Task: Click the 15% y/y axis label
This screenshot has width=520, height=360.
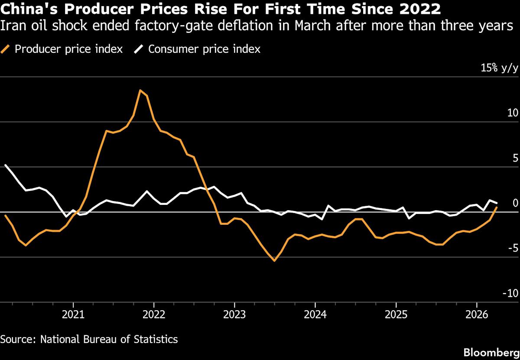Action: pos(498,68)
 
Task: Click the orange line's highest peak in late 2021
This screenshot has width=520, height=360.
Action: pos(140,90)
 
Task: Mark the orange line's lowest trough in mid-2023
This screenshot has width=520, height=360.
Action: pos(274,261)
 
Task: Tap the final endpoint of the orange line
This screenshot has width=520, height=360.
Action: pos(497,208)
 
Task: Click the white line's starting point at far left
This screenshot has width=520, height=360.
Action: pos(5,165)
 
